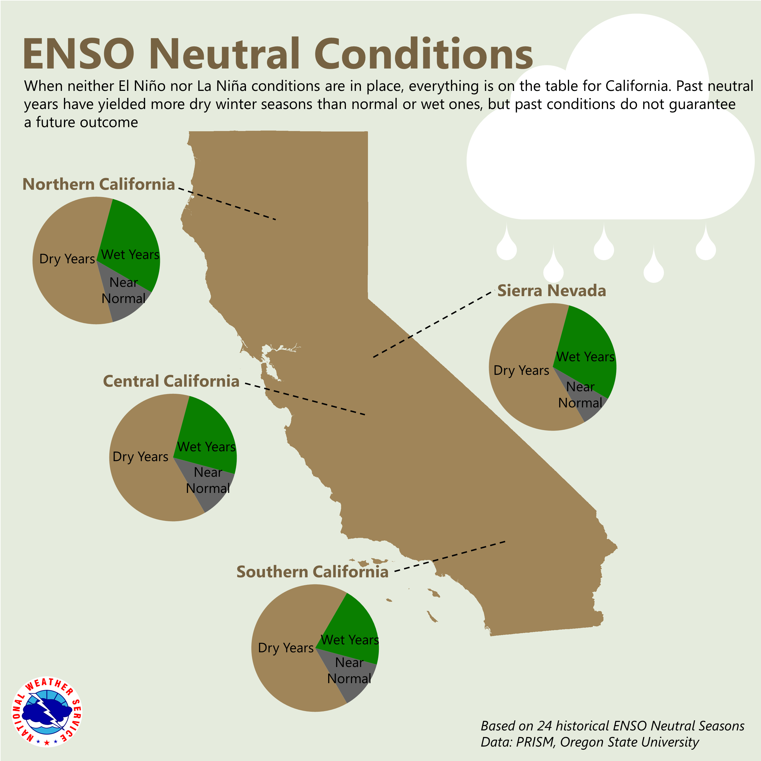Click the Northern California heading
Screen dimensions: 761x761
coord(99,184)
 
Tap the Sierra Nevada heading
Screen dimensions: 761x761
coord(551,291)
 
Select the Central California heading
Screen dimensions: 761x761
coord(171,381)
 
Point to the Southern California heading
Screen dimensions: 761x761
coord(312,572)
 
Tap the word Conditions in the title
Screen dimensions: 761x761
coord(424,54)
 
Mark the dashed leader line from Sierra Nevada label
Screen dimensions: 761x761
coord(433,324)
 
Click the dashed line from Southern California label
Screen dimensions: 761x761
coord(449,556)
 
